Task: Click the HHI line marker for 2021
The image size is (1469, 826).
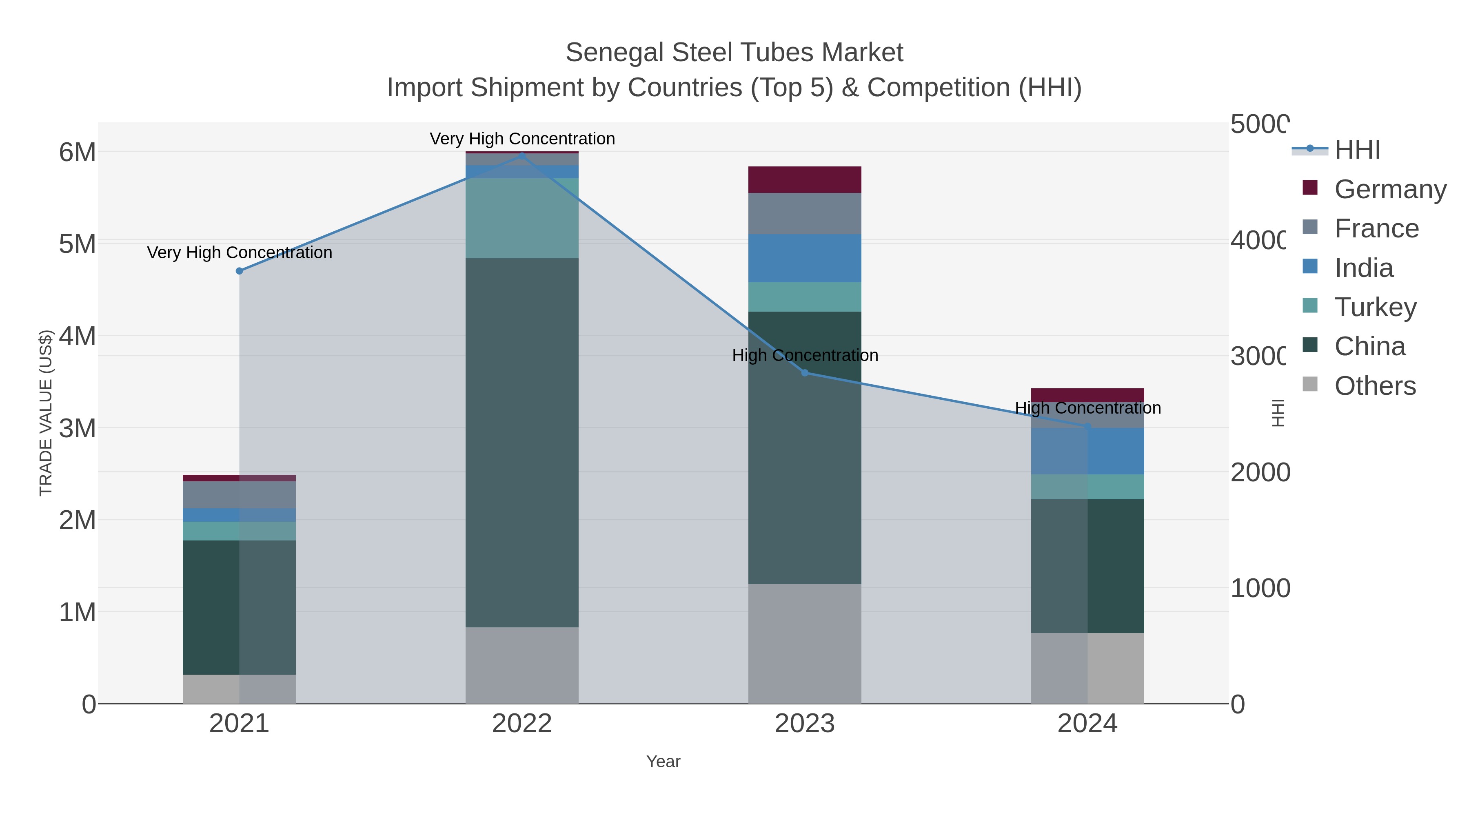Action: click(240, 271)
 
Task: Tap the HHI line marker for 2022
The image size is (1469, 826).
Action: click(522, 155)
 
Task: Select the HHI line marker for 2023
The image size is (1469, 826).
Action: click(805, 373)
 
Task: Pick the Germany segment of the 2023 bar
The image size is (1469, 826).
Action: click(805, 179)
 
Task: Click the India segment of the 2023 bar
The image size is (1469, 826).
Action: click(805, 258)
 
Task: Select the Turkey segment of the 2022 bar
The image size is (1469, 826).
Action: click(522, 218)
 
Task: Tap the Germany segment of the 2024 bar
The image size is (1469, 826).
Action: click(1087, 394)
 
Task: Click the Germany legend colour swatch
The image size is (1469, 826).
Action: click(1310, 188)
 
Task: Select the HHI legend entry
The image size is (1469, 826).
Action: click(1357, 150)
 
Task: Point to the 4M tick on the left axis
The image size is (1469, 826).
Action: click(78, 337)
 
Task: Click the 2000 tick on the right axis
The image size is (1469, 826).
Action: click(1260, 473)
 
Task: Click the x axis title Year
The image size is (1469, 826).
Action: click(663, 762)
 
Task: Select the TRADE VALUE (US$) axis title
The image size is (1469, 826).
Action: click(46, 413)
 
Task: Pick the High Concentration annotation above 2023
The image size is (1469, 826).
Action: click(805, 356)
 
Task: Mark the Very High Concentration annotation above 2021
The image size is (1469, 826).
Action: click(240, 252)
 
